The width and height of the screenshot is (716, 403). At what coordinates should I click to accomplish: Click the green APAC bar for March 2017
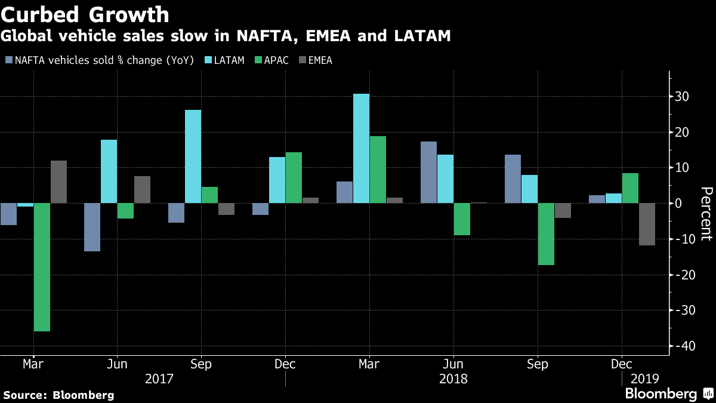point(42,267)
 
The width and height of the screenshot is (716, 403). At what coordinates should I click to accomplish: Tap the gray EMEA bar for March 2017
point(58,181)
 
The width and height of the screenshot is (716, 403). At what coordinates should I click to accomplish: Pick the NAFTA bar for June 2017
point(92,227)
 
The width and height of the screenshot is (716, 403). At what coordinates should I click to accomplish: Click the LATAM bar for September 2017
point(193,156)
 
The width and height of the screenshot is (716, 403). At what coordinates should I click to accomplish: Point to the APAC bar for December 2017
point(294,177)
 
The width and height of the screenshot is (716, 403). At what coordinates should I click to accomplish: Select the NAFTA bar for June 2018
point(428,172)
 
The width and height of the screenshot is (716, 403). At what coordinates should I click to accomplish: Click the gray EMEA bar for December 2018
point(647,224)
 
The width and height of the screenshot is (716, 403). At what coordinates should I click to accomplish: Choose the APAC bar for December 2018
point(630,188)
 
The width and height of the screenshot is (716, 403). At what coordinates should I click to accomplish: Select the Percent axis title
point(706,213)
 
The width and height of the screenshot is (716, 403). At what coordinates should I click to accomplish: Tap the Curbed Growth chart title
point(85,14)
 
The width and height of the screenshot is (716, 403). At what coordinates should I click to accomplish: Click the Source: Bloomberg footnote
point(58,395)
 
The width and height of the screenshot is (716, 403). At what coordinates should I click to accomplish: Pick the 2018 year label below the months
point(453,379)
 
